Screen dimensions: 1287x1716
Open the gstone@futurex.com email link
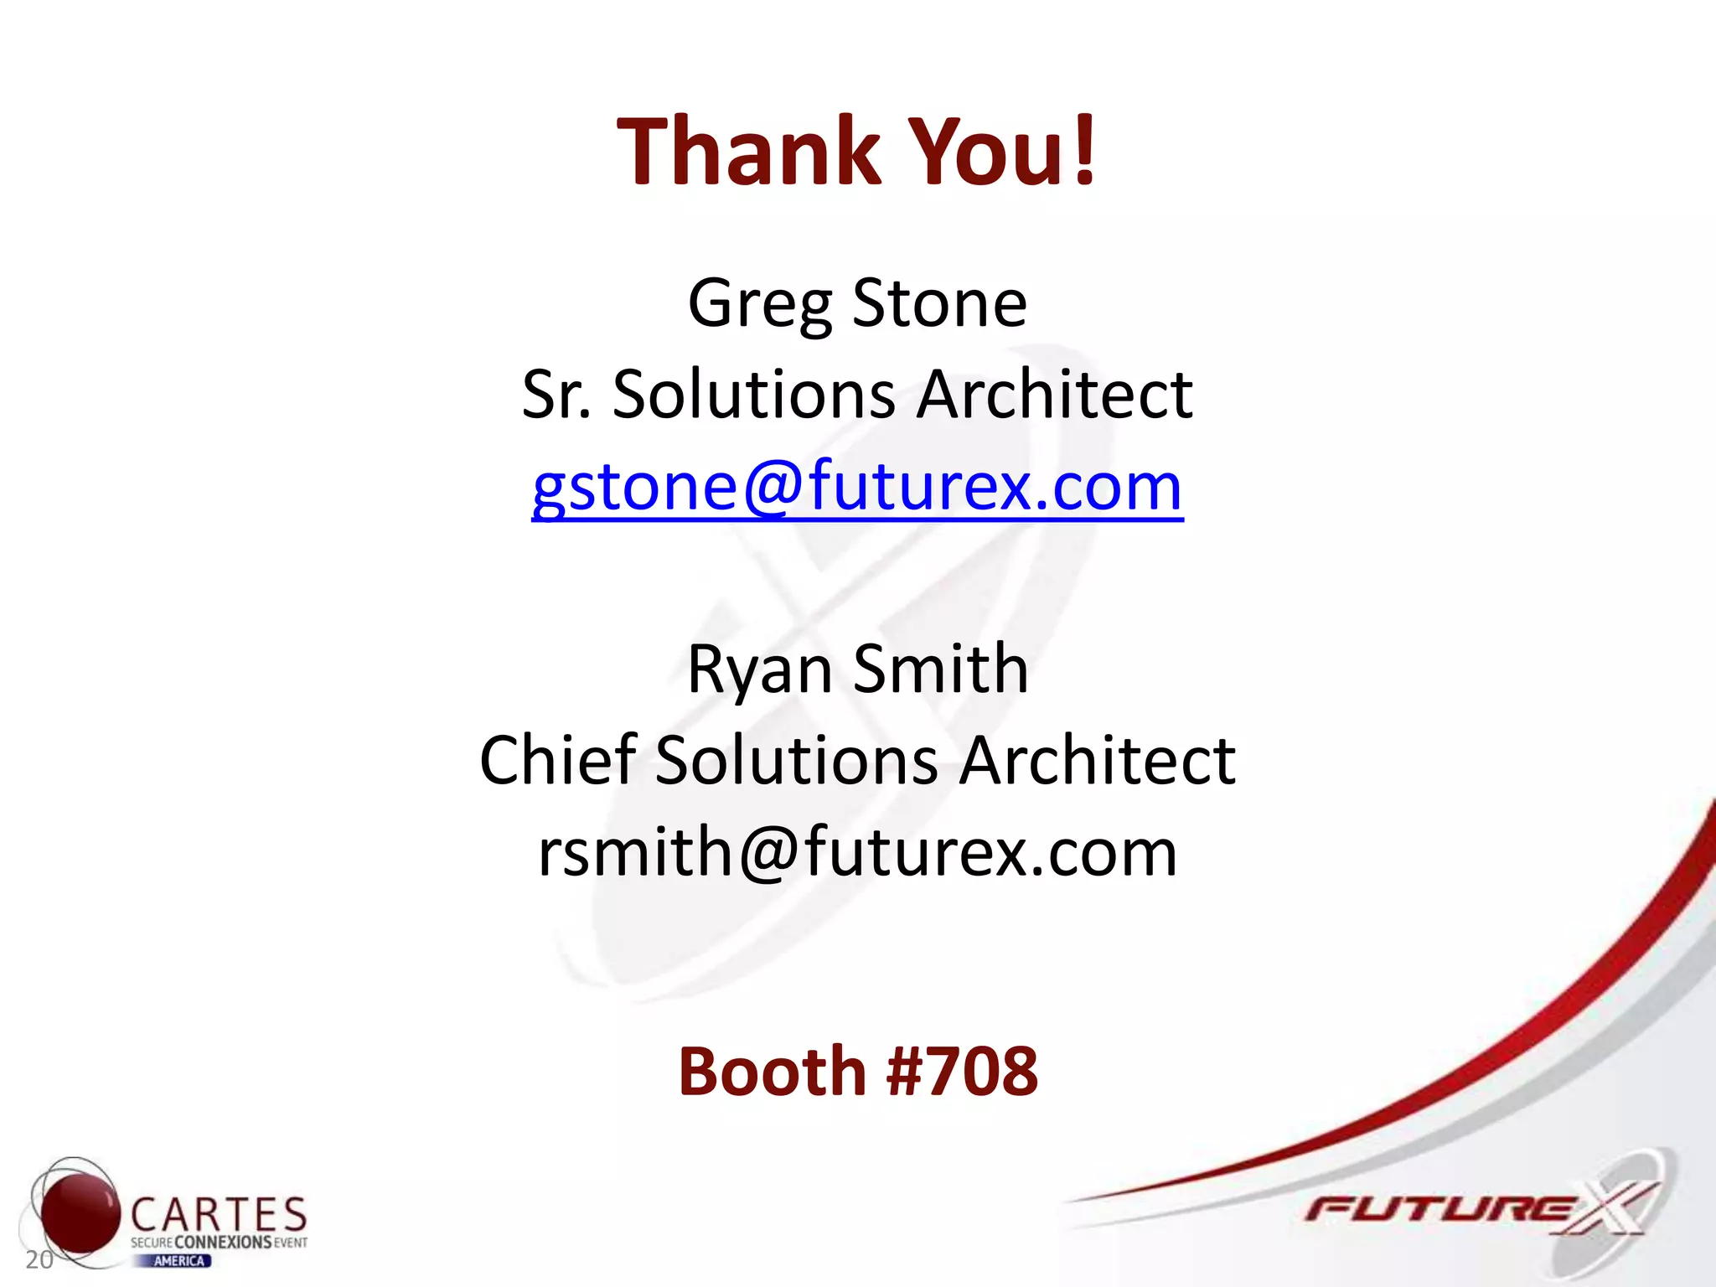(x=857, y=487)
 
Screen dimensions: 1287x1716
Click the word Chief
(x=558, y=760)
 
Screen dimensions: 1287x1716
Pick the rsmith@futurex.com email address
(x=857, y=852)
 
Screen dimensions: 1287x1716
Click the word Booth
(x=772, y=1072)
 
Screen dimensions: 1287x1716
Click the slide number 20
(x=39, y=1259)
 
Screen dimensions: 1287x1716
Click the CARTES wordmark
(x=219, y=1215)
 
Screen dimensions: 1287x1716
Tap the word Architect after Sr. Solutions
(x=1055, y=395)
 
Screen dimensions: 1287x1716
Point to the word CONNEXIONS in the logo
(x=223, y=1243)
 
